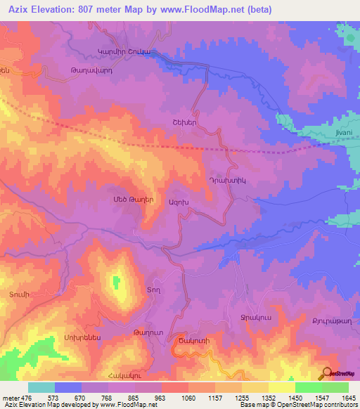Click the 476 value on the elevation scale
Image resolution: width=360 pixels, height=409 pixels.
(28, 398)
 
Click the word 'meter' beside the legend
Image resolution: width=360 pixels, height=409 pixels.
(11, 398)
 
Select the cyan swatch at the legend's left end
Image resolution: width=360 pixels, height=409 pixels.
(41, 387)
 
